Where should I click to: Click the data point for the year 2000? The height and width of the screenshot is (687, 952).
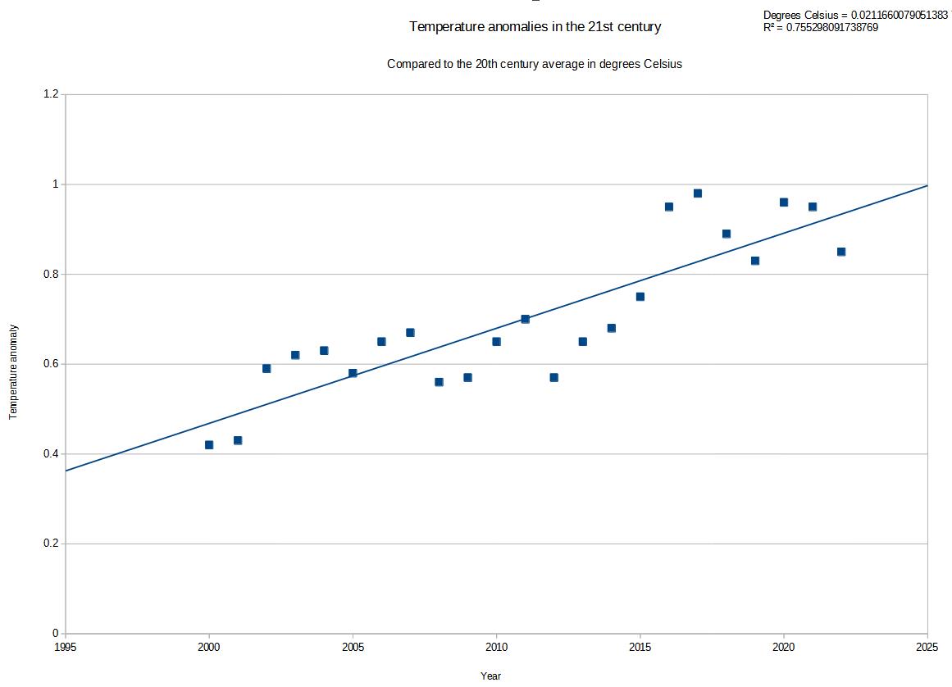pyautogui.click(x=209, y=445)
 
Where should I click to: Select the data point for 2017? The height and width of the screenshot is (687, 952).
pyautogui.click(x=698, y=193)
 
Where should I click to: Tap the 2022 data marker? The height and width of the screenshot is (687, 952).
pyautogui.click(x=841, y=252)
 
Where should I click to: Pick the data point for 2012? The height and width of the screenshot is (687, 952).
pyautogui.click(x=554, y=377)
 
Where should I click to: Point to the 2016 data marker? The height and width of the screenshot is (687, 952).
pyautogui.click(x=669, y=207)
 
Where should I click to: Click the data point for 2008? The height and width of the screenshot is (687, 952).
pyautogui.click(x=439, y=382)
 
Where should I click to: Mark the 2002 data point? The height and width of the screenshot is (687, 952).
pyautogui.click(x=266, y=368)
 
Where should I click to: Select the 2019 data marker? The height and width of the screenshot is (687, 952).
pyautogui.click(x=755, y=261)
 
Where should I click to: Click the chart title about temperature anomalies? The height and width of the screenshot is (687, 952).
pyautogui.click(x=535, y=27)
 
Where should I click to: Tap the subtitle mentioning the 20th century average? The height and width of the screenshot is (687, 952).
pyautogui.click(x=535, y=64)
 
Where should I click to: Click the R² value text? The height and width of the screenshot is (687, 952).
pyautogui.click(x=820, y=27)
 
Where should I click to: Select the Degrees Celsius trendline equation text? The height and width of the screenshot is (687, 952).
pyautogui.click(x=855, y=16)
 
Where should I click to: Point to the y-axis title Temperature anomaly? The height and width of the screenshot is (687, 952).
pyautogui.click(x=14, y=372)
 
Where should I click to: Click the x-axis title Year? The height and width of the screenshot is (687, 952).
pyautogui.click(x=490, y=676)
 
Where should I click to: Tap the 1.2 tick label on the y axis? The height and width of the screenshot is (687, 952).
pyautogui.click(x=51, y=94)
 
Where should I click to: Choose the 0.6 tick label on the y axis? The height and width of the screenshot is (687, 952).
pyautogui.click(x=51, y=364)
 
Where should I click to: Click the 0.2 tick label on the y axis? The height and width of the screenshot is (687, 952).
pyautogui.click(x=51, y=544)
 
